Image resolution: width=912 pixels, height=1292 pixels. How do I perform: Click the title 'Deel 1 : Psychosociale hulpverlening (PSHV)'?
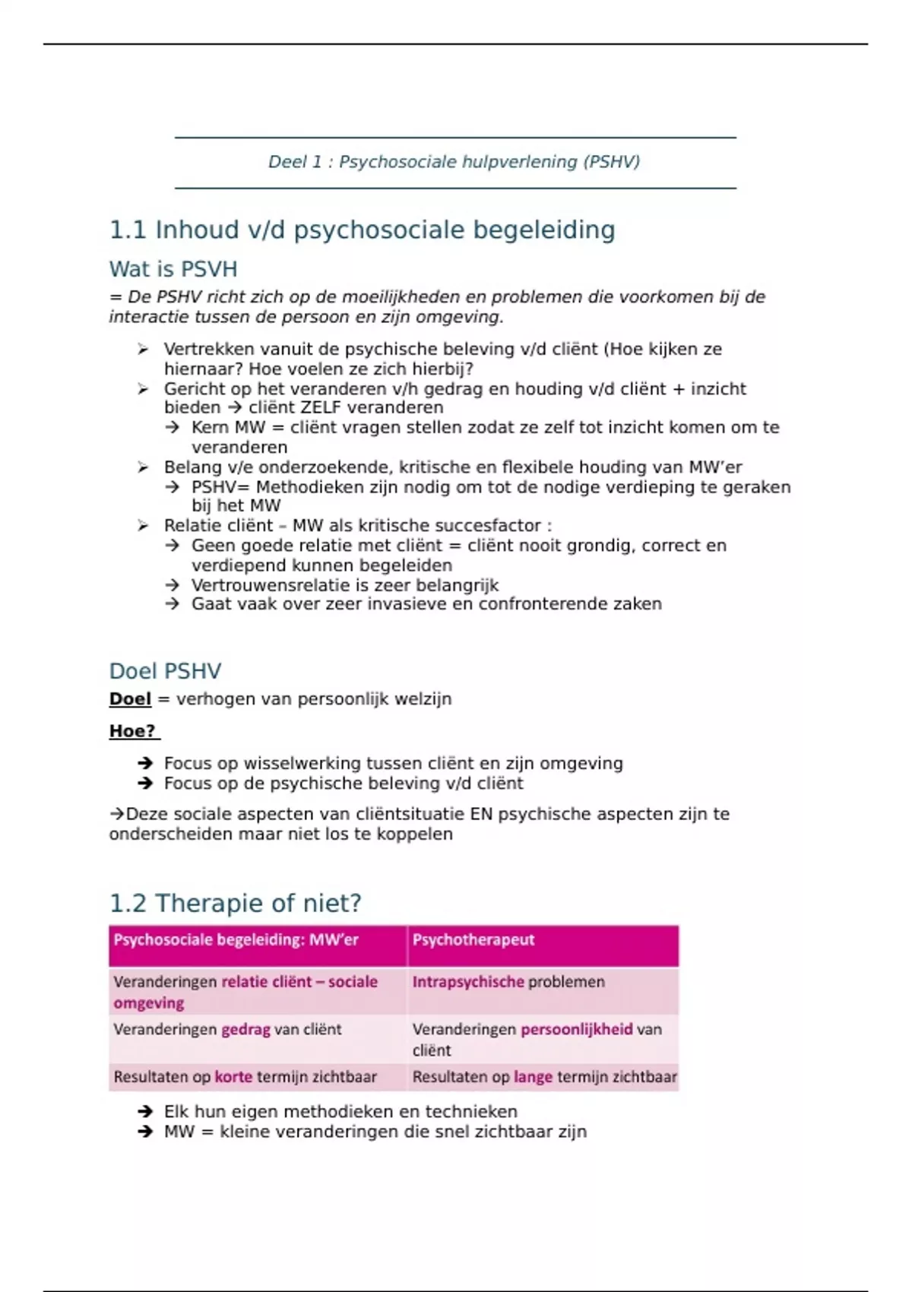coord(454,162)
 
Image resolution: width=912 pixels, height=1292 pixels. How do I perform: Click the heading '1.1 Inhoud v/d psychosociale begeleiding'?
coord(362,230)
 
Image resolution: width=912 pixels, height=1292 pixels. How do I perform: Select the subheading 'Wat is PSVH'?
coord(173,269)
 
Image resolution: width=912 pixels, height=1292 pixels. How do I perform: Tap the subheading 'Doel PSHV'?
coord(165,671)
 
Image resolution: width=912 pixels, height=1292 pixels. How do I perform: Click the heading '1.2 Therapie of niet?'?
coord(235,903)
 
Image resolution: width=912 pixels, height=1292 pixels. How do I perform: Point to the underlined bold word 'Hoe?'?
coord(132,731)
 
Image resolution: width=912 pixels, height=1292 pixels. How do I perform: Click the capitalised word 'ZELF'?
coord(322,407)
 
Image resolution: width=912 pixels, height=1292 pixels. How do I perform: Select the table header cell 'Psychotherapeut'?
coord(473,940)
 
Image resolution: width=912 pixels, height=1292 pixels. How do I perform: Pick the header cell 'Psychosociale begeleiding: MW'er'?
coord(236,940)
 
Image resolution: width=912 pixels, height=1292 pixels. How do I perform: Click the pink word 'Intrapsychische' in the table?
coord(468,982)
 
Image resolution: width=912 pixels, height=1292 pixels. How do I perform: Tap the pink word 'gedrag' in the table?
coord(245,1030)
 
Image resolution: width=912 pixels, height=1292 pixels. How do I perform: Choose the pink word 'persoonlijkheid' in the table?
coord(576,1030)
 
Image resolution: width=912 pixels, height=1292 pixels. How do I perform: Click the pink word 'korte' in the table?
coord(233,1077)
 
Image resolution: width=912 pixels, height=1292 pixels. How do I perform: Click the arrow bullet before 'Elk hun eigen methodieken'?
coord(145,1112)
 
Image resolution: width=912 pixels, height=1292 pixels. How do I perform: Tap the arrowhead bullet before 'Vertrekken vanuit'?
coord(143,350)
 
